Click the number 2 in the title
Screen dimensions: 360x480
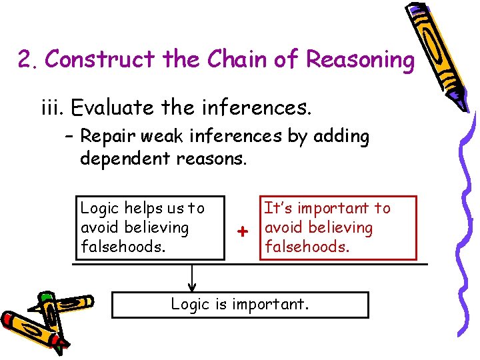click(x=26, y=60)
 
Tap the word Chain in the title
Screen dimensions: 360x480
click(x=233, y=60)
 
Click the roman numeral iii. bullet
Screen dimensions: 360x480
click(x=53, y=106)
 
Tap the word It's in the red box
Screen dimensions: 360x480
click(x=276, y=209)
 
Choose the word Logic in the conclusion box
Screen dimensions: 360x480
click(x=189, y=305)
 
